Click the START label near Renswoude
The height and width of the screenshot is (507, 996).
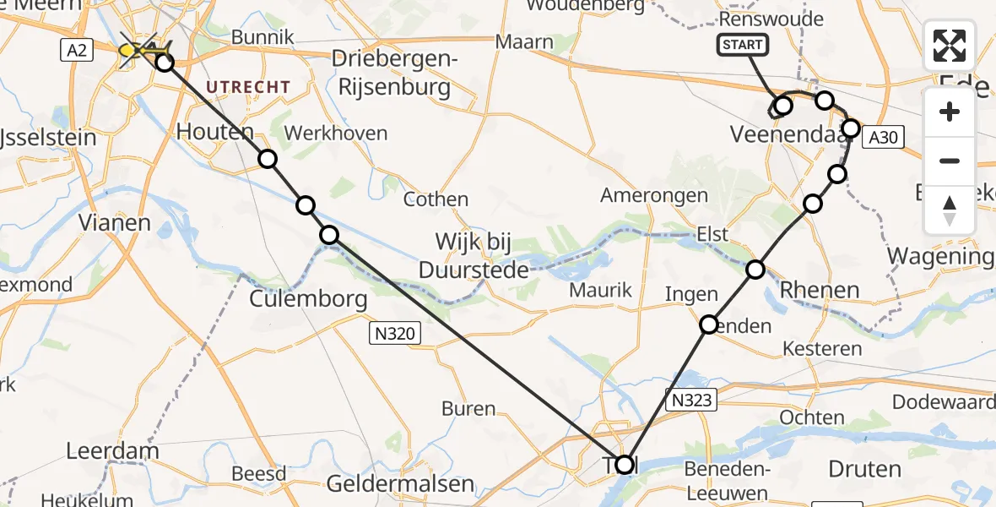point(742,45)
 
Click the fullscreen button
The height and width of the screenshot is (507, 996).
point(950,46)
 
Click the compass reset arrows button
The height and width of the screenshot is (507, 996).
point(950,210)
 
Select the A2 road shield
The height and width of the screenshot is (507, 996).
point(77,51)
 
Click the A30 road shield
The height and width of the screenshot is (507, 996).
point(883,137)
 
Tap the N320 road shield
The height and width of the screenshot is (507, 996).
point(395,334)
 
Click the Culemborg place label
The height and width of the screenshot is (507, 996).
point(308,299)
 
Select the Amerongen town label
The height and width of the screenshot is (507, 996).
point(654,195)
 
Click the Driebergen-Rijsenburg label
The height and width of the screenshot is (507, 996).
point(394,73)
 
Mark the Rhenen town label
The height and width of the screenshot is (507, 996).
point(820,290)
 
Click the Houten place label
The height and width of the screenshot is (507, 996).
point(214,132)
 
